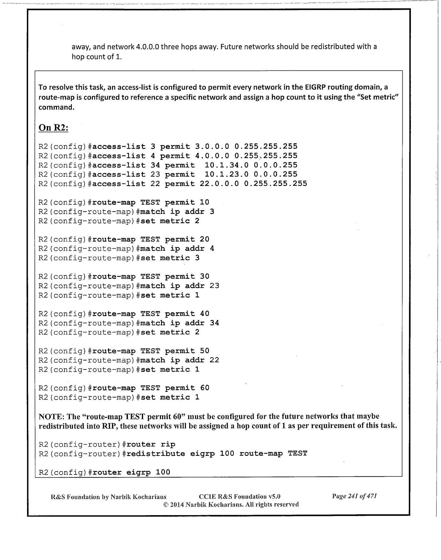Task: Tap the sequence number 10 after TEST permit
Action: click(204, 202)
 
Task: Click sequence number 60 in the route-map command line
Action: click(204, 388)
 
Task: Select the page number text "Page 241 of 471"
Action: click(354, 496)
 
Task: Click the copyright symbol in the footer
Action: click(166, 504)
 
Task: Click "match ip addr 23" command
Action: click(180, 286)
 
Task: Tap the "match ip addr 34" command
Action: click(180, 323)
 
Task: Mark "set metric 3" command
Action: click(170, 258)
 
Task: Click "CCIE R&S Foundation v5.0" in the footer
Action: click(240, 496)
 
